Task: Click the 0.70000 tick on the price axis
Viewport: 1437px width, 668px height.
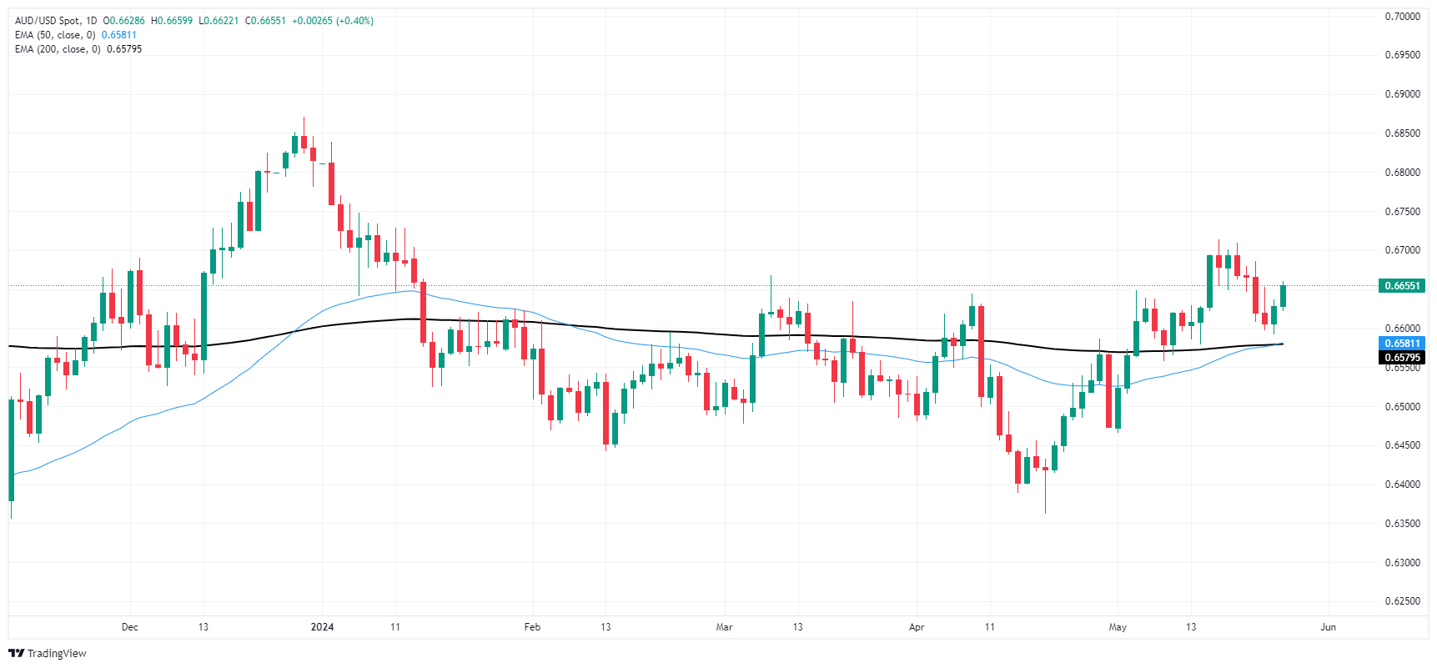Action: (1402, 17)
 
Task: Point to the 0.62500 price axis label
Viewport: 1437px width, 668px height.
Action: (1402, 601)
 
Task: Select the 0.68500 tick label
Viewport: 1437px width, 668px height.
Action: (1402, 133)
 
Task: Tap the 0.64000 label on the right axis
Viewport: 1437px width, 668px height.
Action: (1402, 485)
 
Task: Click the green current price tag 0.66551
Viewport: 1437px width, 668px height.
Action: (1402, 286)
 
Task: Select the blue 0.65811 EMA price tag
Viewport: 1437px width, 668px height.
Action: (1402, 344)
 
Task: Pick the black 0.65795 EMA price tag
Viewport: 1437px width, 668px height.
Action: (1402, 358)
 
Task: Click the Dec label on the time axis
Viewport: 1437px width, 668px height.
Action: (129, 627)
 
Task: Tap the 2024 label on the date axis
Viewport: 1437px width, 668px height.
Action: (322, 627)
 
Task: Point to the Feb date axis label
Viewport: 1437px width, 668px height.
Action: (532, 627)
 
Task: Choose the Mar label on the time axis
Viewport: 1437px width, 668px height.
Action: (724, 627)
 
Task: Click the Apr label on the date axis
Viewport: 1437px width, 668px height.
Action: (917, 627)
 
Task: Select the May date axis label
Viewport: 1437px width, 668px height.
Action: (1118, 627)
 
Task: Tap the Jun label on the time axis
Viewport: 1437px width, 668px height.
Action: (1329, 627)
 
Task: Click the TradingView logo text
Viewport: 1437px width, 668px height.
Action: (57, 654)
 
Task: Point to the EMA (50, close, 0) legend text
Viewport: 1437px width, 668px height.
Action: (55, 35)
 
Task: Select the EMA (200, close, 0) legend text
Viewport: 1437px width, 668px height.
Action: (58, 49)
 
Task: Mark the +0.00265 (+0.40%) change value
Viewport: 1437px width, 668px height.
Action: (333, 21)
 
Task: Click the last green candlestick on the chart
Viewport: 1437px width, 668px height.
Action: (1283, 296)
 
